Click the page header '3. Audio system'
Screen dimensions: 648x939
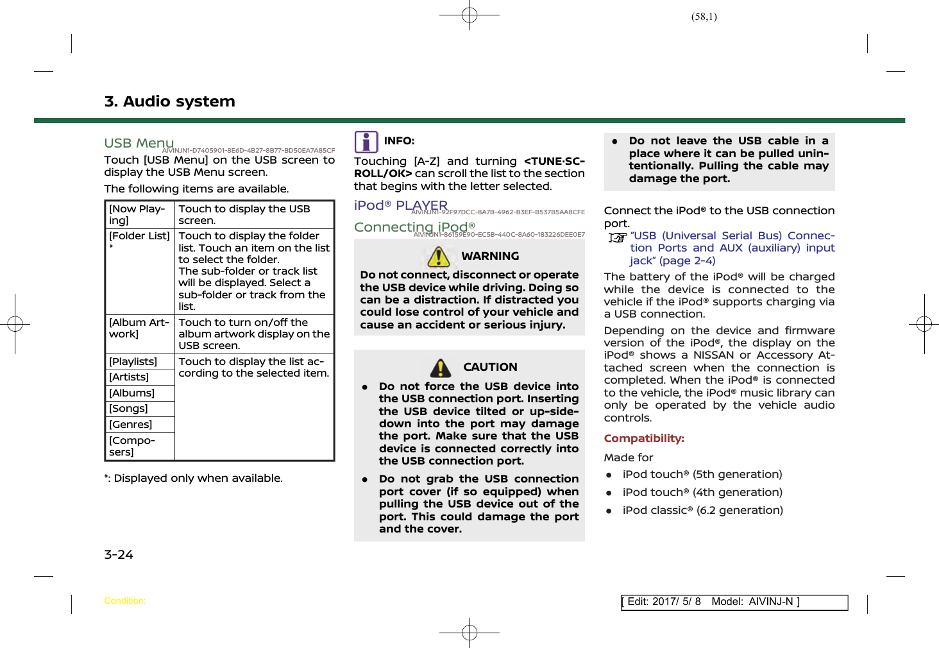170,101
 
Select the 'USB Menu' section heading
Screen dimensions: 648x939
139,143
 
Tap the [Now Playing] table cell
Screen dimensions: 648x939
139,214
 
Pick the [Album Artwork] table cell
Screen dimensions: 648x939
139,328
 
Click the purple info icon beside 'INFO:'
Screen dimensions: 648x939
366,142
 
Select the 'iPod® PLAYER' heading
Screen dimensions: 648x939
401,205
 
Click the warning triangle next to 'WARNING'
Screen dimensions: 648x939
439,257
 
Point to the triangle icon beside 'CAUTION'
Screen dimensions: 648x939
440,368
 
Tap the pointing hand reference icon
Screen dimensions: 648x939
617,238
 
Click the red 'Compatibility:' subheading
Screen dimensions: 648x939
644,438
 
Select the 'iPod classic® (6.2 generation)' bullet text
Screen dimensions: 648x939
702,510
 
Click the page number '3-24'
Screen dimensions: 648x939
119,555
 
